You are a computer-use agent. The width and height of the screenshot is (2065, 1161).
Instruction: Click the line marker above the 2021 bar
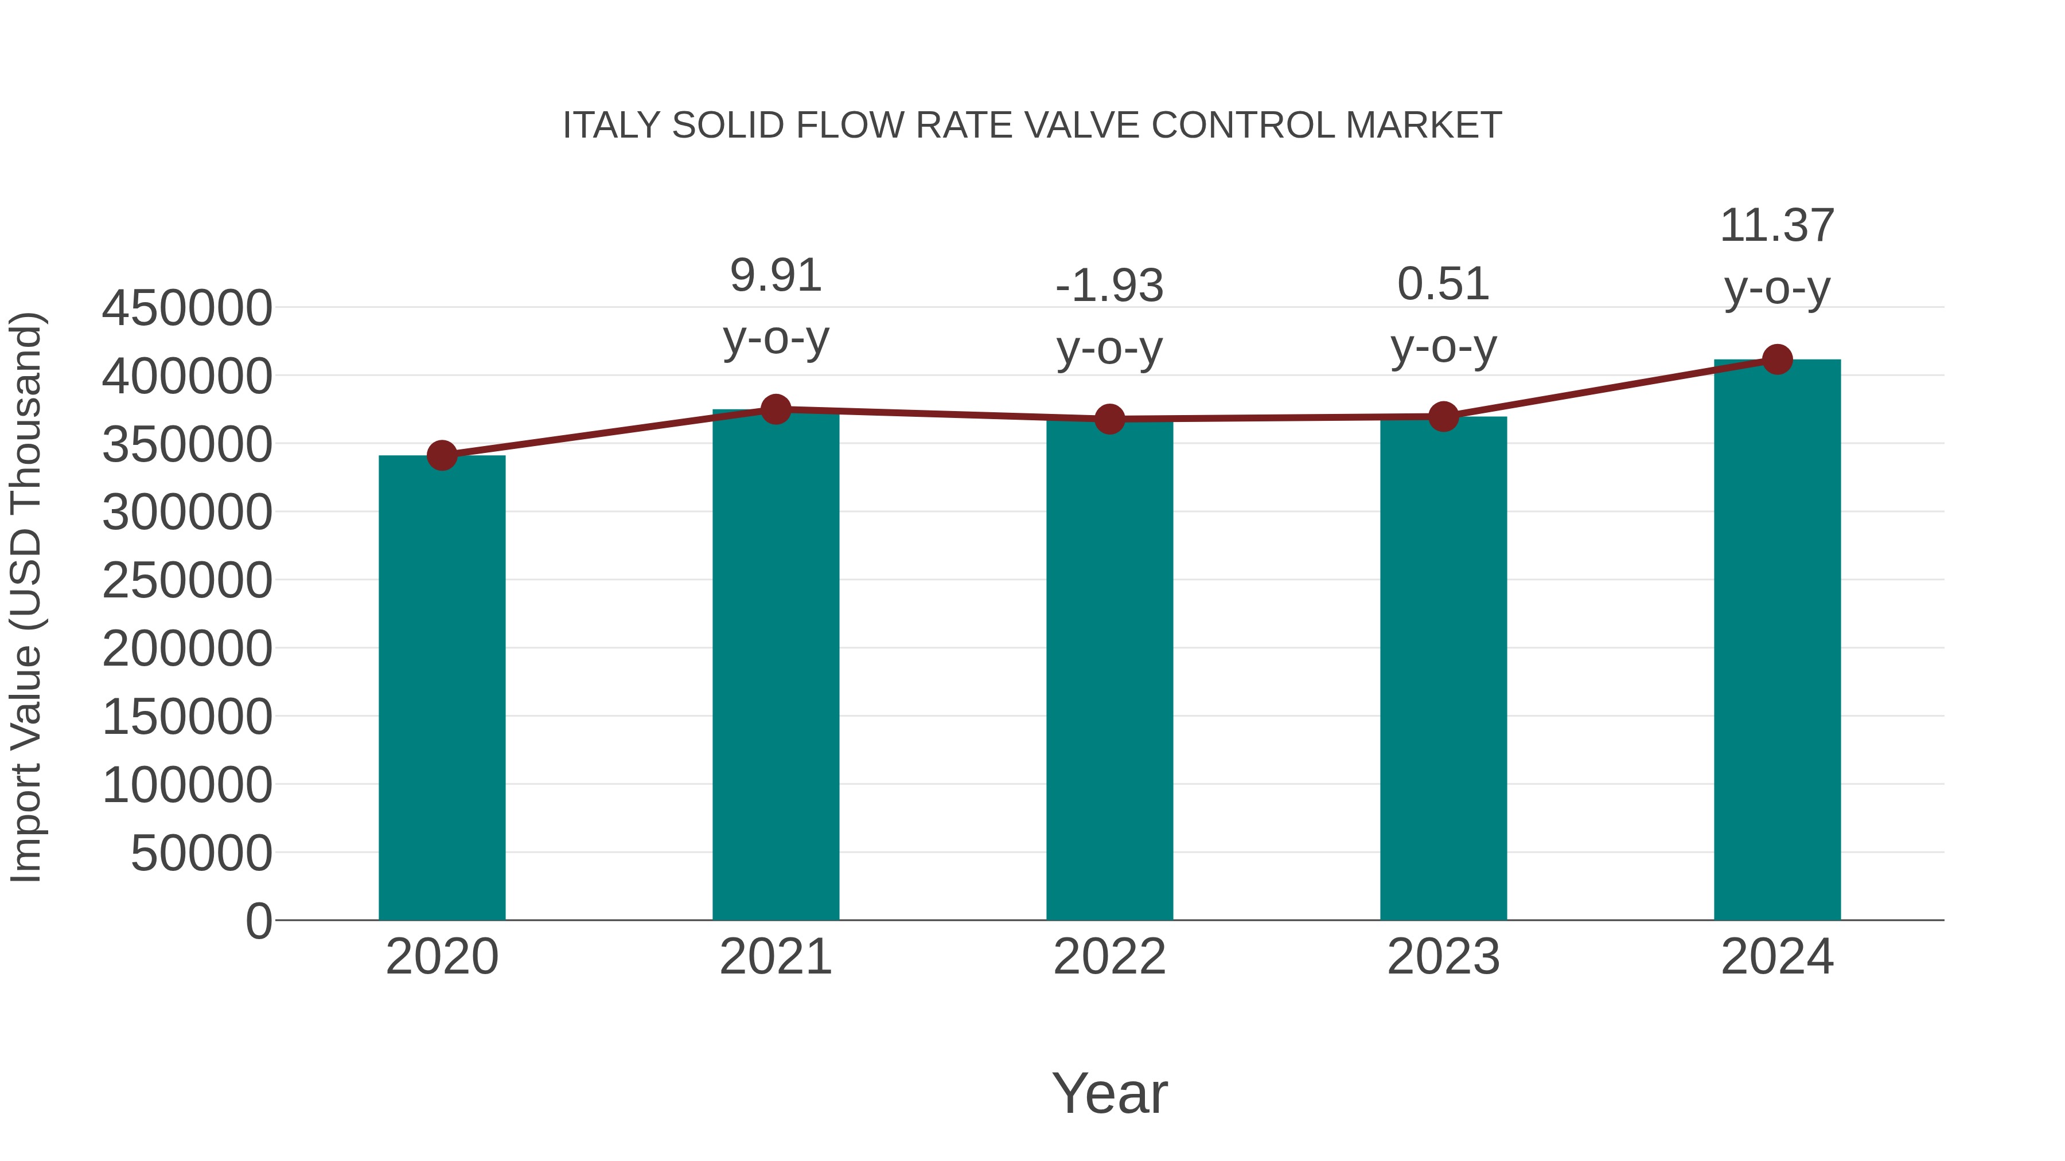[775, 409]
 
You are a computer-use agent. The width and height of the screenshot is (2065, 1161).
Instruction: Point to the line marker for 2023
[1443, 417]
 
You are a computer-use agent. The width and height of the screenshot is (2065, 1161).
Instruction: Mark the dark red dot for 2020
[442, 455]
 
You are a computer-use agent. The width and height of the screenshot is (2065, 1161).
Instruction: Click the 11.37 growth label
[1777, 226]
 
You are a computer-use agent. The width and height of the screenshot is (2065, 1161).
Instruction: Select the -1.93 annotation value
[1109, 286]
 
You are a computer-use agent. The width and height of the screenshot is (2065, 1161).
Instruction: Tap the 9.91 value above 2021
[775, 276]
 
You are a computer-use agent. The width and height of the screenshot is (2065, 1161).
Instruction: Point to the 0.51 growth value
[1443, 284]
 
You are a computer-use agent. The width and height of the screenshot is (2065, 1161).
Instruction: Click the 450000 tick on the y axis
[187, 308]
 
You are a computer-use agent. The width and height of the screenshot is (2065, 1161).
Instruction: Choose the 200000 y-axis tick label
[187, 648]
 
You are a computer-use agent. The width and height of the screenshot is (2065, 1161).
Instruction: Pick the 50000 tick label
[201, 853]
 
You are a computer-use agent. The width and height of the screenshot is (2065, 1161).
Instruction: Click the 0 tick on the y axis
[259, 921]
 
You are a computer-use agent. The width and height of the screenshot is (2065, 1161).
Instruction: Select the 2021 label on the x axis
[775, 957]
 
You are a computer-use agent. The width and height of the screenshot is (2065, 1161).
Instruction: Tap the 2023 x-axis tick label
[1443, 957]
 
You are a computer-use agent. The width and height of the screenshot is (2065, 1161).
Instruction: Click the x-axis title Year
[1109, 1093]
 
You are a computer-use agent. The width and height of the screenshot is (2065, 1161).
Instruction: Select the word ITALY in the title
[611, 126]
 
